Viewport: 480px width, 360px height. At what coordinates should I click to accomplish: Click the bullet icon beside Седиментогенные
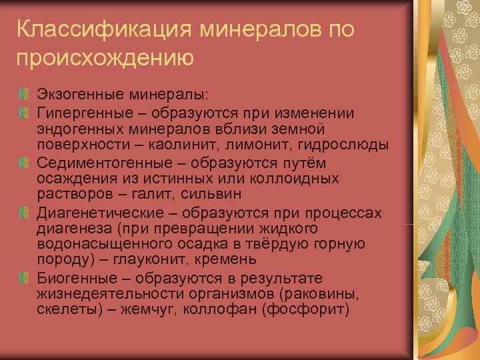click(23, 162)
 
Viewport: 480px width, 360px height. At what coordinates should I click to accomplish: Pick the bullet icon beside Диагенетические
click(23, 214)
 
